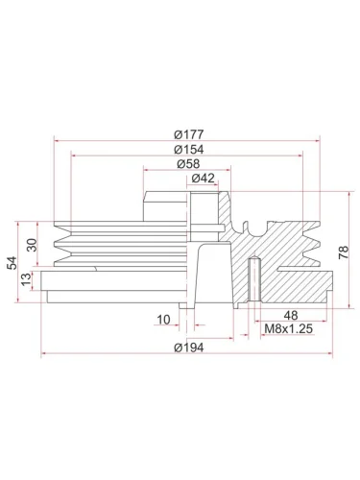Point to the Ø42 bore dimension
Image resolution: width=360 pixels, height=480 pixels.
[203, 178]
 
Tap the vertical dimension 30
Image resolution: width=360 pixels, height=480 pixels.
[31, 245]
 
